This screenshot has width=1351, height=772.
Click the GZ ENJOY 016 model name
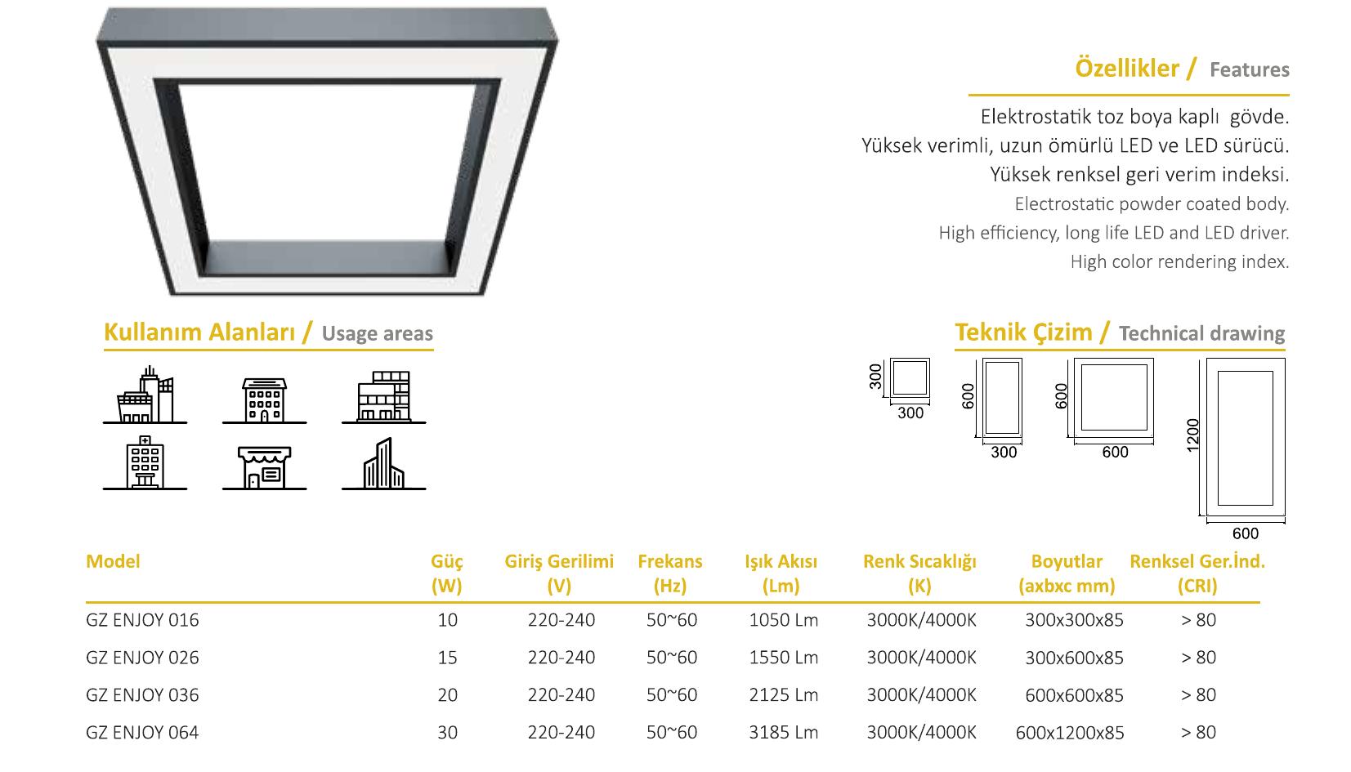coord(142,620)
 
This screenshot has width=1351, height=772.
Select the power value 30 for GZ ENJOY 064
coord(448,732)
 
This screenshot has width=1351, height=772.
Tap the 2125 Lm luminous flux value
coord(784,695)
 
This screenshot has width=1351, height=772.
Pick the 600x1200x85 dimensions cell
coord(1070,733)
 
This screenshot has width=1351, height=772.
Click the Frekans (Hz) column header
coord(670,573)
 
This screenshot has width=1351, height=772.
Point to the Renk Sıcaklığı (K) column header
coord(919,573)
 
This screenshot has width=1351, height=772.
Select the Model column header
coord(113,561)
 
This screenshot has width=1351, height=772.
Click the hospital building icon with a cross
coord(145,462)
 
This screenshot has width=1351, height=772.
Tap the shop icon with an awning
coord(264,467)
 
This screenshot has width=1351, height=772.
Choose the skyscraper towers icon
coord(383,463)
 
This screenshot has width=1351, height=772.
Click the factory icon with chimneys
coord(145,395)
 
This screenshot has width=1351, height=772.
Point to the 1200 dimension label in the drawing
coord(1192,435)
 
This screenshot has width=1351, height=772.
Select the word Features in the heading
coord(1250,70)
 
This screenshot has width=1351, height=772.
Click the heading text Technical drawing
coord(1202,333)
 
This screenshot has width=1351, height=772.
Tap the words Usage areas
coord(378,333)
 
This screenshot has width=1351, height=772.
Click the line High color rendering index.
coord(1179,262)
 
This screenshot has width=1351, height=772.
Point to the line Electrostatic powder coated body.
coord(1152,204)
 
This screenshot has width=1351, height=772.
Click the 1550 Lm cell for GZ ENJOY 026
coord(784,658)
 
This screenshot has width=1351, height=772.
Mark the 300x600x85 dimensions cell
coord(1074,658)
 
